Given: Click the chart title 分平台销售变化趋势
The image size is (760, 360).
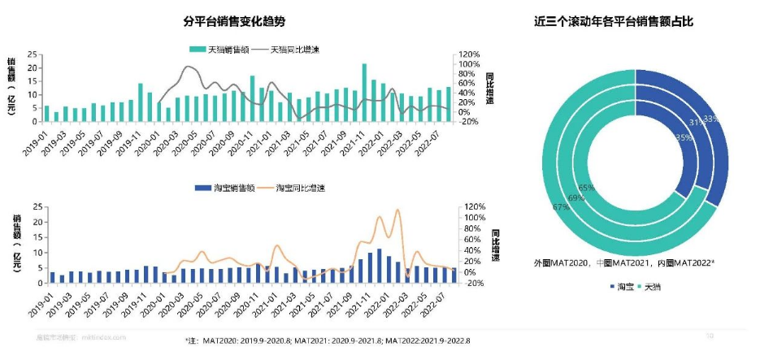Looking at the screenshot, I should pyautogui.click(x=236, y=20).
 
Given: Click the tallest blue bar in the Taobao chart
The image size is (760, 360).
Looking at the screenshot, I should pyautogui.click(x=379, y=266).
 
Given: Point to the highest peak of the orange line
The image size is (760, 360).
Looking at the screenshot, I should pyautogui.click(x=397, y=210).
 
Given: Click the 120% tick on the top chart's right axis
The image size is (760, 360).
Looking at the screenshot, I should pyautogui.click(x=471, y=54).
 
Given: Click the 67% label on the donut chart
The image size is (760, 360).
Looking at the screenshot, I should pyautogui.click(x=560, y=208).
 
